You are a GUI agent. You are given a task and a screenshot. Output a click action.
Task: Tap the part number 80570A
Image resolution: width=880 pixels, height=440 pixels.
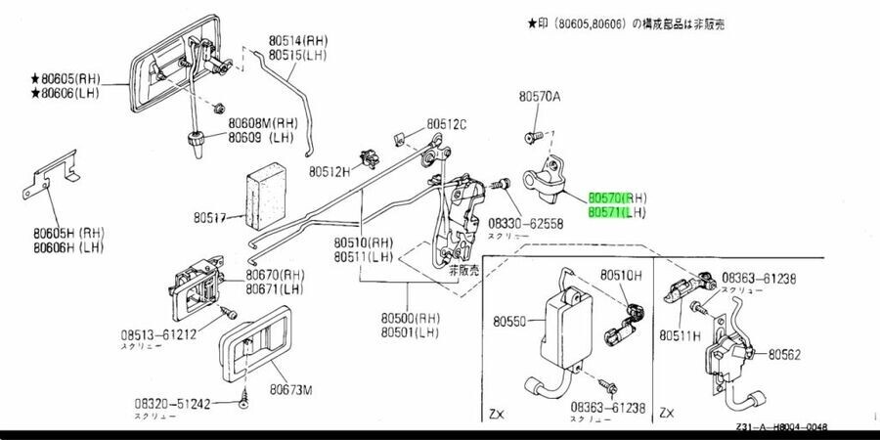pos(540,97)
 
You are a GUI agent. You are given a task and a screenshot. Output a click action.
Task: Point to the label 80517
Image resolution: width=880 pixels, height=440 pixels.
pos(210,218)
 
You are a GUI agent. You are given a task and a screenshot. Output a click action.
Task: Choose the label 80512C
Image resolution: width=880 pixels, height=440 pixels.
pos(446,124)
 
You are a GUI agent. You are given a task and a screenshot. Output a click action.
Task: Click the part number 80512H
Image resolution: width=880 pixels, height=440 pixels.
pos(330,171)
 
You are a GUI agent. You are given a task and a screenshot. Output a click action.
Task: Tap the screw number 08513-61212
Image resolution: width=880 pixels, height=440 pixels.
pos(158,334)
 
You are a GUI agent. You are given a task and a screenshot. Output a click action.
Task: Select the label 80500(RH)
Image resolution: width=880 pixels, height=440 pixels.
pos(414,319)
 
